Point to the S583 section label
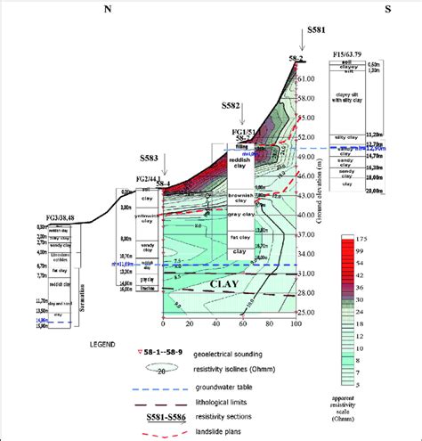(x=150, y=159)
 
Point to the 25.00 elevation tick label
(x=305, y=312)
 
